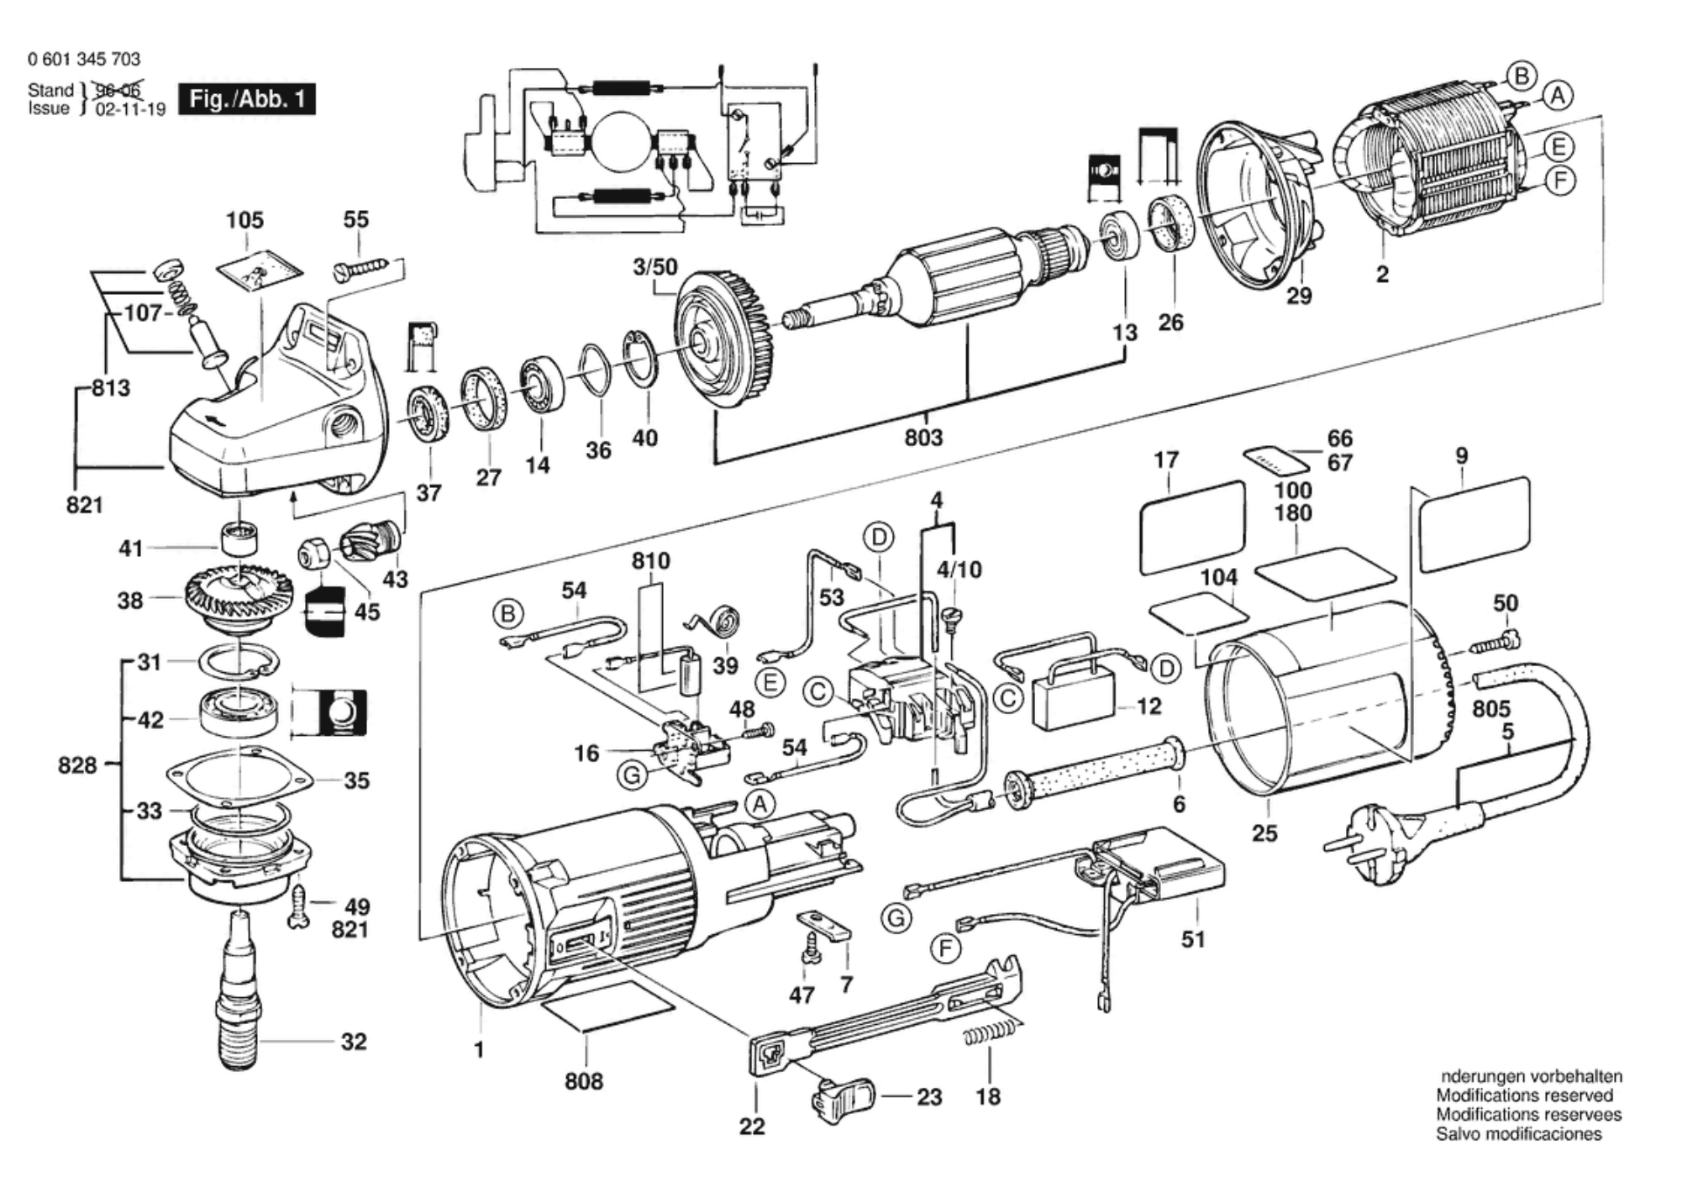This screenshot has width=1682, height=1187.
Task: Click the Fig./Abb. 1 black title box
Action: pos(247,100)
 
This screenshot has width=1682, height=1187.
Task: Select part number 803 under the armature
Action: pos(923,438)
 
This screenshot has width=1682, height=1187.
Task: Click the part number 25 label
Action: pos(1264,833)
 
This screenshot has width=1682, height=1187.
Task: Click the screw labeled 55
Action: pos(361,268)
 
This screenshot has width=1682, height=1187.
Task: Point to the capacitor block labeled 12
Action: pos(1077,697)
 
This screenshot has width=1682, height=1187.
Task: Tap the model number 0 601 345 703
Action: pos(84,59)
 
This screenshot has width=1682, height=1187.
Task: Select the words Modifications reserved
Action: pos(1524,1095)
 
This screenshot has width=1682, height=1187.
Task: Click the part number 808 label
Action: pos(583,1080)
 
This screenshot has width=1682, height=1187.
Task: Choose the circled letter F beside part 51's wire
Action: pos(946,950)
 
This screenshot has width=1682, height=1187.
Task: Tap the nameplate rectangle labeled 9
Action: pos(1474,524)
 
